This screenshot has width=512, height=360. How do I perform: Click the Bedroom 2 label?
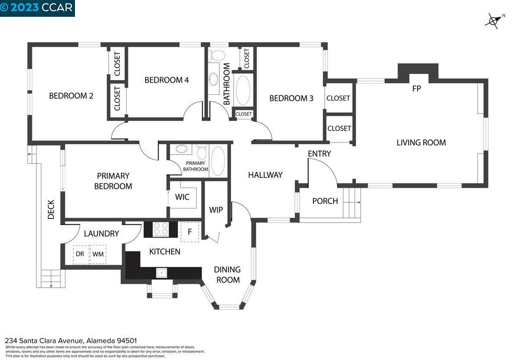(x=71, y=96)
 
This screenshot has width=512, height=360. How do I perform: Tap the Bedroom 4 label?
(x=166, y=80)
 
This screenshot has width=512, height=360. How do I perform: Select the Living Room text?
(x=421, y=143)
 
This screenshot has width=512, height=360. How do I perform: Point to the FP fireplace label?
(x=416, y=88)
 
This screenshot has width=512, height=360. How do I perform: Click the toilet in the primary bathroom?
(x=201, y=152)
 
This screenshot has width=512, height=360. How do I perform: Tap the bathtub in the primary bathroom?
(x=218, y=161)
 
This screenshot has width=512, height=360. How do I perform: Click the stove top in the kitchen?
(x=161, y=229)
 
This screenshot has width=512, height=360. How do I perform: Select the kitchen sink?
(x=161, y=273)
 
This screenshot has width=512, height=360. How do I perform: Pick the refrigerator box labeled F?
(x=190, y=232)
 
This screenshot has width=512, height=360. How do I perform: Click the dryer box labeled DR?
(x=81, y=254)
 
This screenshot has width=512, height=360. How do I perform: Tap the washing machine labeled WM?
(x=98, y=254)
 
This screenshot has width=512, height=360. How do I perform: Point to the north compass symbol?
(x=494, y=21)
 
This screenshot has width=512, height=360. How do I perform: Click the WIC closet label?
(x=182, y=197)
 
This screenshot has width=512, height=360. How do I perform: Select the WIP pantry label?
(x=216, y=210)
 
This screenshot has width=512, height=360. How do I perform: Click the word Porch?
(x=325, y=201)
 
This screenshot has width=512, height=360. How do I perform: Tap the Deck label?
(x=51, y=209)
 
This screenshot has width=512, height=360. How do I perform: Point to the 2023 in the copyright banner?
(x=25, y=7)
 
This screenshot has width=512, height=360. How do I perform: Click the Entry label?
(x=319, y=153)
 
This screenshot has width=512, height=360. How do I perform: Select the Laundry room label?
(x=101, y=234)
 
